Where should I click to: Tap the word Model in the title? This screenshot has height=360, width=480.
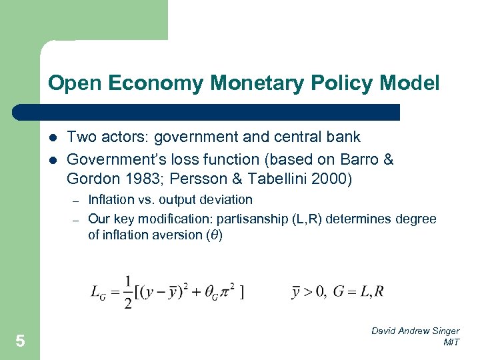point(412,83)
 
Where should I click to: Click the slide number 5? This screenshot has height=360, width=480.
point(20,341)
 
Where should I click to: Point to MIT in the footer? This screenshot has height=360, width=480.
point(451,342)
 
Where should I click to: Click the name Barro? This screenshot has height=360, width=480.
point(358,159)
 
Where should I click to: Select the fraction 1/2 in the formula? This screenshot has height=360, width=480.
point(128,291)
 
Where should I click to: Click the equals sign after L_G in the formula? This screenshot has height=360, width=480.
point(113,291)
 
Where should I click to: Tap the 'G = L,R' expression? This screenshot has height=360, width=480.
point(361,291)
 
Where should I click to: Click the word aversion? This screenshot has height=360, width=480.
point(169,235)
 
